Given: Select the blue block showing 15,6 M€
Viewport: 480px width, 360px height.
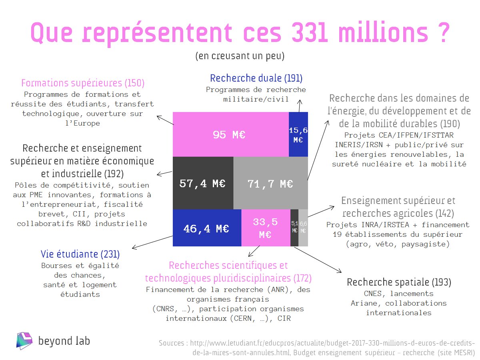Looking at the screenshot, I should pyautogui.click(x=298, y=134).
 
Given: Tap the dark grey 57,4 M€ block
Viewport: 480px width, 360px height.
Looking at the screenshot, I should pyautogui.click(x=203, y=183).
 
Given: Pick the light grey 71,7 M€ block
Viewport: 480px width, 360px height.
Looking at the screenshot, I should pyautogui.click(x=270, y=183).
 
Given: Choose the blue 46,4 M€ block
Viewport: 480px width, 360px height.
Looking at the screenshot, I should pyautogui.click(x=207, y=228).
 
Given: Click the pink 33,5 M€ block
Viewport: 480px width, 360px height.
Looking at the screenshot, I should pyautogui.click(x=266, y=228).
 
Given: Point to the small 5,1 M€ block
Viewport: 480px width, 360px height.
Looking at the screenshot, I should pyautogui.click(x=294, y=228).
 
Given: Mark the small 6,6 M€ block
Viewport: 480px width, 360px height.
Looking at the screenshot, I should pyautogui.click(x=303, y=228).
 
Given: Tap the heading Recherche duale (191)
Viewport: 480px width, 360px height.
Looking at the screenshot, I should pyautogui.click(x=256, y=78).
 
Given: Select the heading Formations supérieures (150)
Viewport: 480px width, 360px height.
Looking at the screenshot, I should pyautogui.click(x=83, y=83).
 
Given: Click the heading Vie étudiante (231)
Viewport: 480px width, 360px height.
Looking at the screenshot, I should pyautogui.click(x=80, y=254).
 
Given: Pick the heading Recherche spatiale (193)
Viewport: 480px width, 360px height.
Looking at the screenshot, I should pyautogui.click(x=399, y=282).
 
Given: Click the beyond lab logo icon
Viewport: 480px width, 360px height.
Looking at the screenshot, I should pyautogui.click(x=24, y=340).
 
